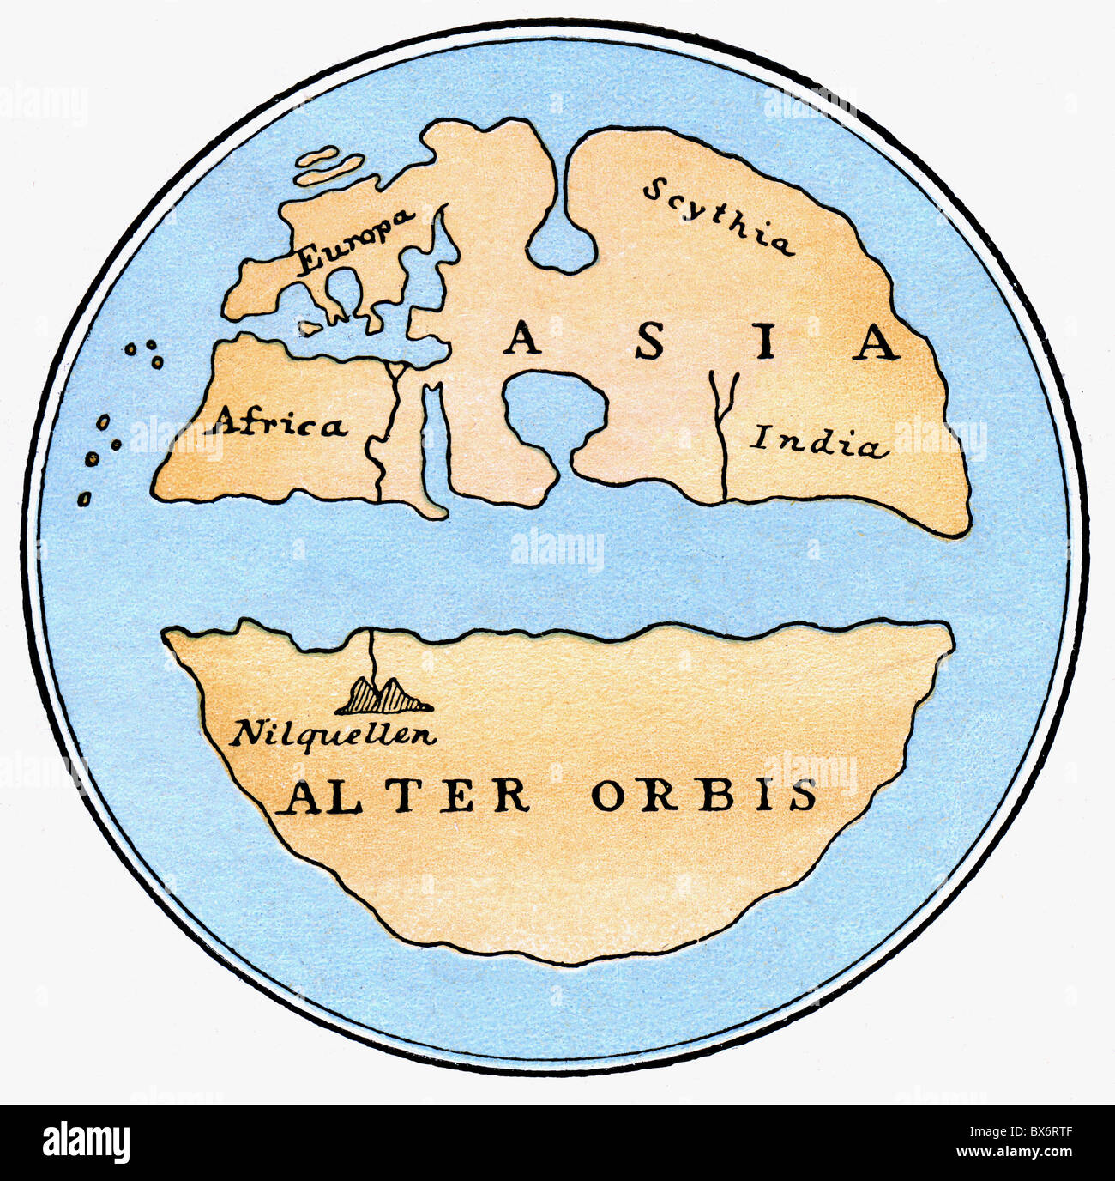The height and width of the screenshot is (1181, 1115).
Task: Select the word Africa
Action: pyautogui.click(x=280, y=423)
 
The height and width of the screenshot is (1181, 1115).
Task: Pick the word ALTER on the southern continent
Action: pyautogui.click(x=407, y=796)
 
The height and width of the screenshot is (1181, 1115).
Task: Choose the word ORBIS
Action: pyautogui.click(x=703, y=796)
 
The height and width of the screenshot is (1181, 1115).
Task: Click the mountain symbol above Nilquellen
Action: pyautogui.click(x=384, y=696)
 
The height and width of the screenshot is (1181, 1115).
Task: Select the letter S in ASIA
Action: pyautogui.click(x=649, y=342)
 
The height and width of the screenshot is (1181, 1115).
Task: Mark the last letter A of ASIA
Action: pyautogui.click(x=877, y=342)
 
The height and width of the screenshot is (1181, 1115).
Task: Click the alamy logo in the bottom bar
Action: pyautogui.click(x=86, y=1142)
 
